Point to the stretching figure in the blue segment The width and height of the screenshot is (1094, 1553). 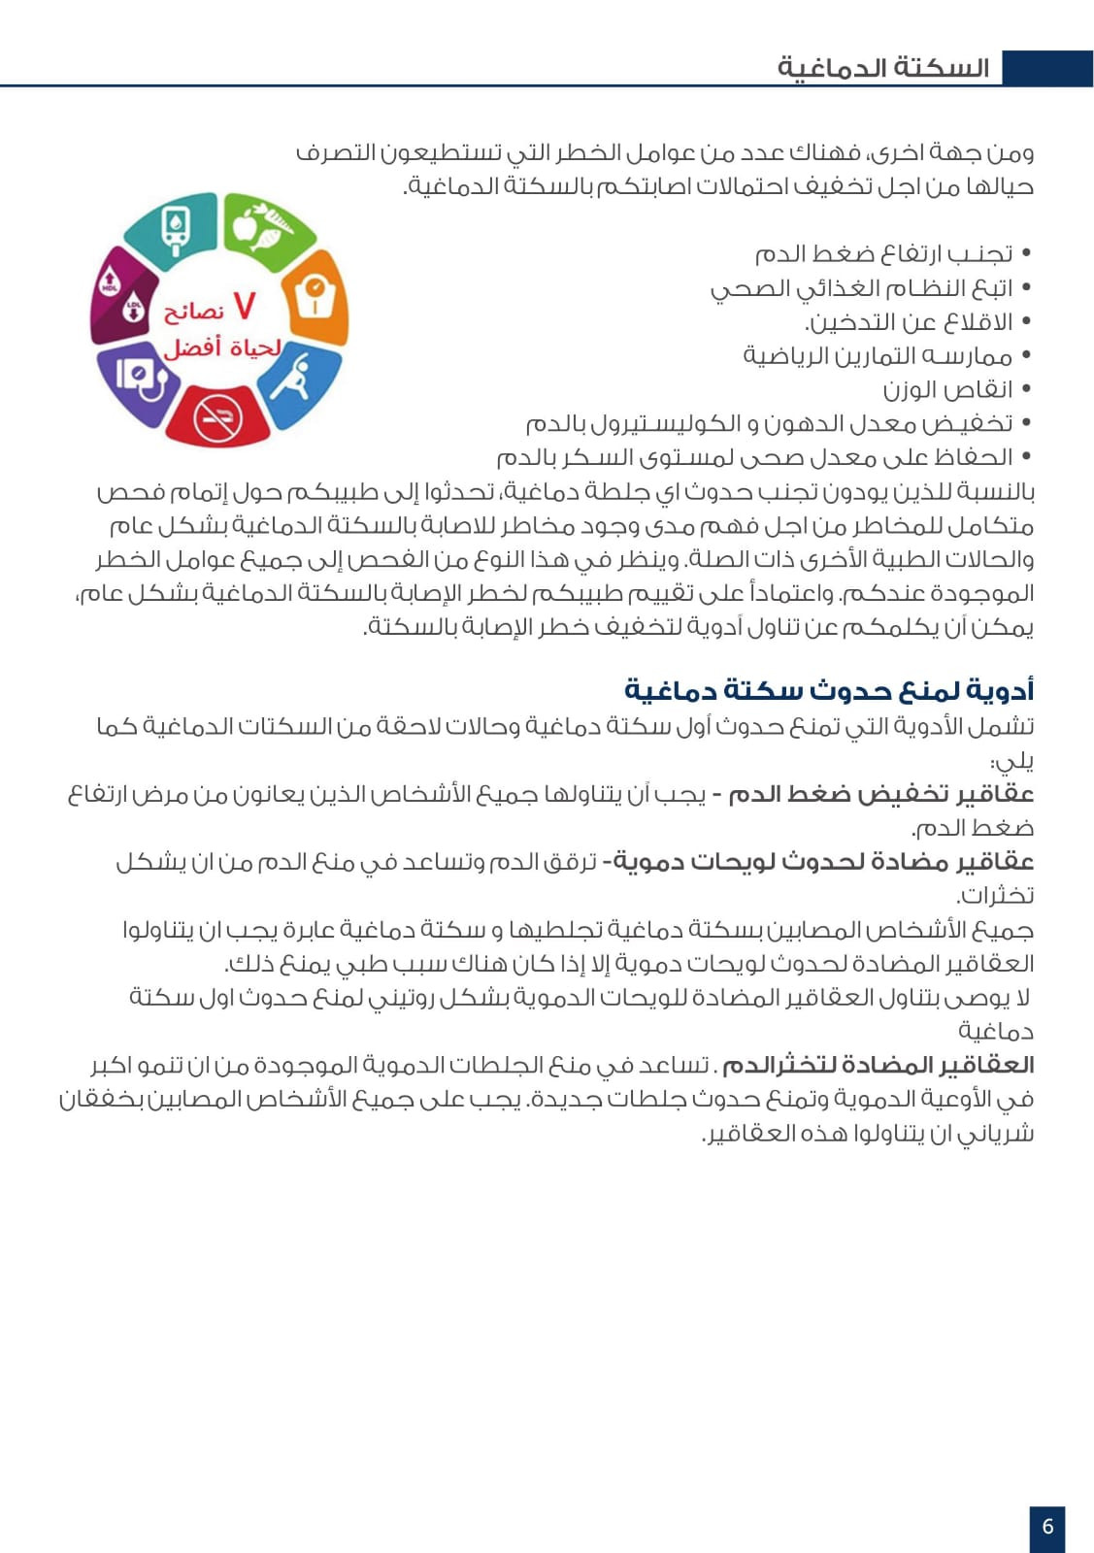(x=293, y=377)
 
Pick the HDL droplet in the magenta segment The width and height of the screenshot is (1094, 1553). (x=110, y=281)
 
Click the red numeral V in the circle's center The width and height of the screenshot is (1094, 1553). (x=245, y=306)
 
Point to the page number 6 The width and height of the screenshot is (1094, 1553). (x=1047, y=1526)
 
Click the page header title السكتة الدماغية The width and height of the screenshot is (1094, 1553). (x=882, y=68)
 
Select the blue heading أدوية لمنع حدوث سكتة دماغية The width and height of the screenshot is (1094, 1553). (x=829, y=690)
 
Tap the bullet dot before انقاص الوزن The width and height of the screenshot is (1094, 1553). (x=1025, y=390)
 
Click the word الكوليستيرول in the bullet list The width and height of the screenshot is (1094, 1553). (x=651, y=424)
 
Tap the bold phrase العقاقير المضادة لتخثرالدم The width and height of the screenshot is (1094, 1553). (x=878, y=1065)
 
